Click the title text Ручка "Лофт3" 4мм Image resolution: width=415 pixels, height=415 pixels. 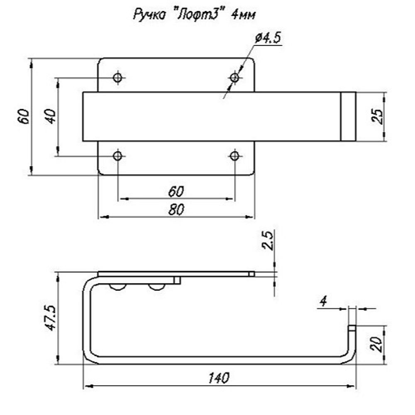pos(194,15)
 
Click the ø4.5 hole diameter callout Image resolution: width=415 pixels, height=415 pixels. pos(267,38)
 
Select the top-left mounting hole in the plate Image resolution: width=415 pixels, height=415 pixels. pos(117,78)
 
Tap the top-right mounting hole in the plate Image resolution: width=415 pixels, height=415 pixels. pos(234,78)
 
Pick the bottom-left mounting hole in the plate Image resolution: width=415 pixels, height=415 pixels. pos(117,156)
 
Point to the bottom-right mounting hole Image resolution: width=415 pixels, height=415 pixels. pos(234,156)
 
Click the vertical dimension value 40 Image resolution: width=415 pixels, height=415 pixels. pos(50,117)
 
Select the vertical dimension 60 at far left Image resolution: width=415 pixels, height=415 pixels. pos(23,117)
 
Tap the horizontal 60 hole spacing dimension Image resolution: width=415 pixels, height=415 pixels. pos(176,192)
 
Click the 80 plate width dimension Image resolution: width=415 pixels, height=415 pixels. pos(176,210)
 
